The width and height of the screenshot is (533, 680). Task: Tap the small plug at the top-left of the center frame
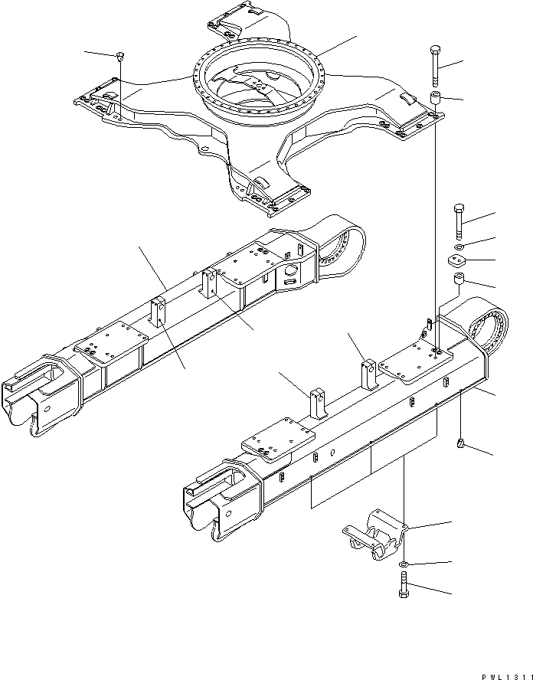tap(121, 55)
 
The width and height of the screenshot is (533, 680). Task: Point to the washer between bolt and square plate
tap(457, 247)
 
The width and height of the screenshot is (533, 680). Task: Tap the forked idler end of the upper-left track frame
tap(31, 399)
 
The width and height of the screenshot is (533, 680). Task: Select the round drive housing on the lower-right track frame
tap(483, 329)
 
